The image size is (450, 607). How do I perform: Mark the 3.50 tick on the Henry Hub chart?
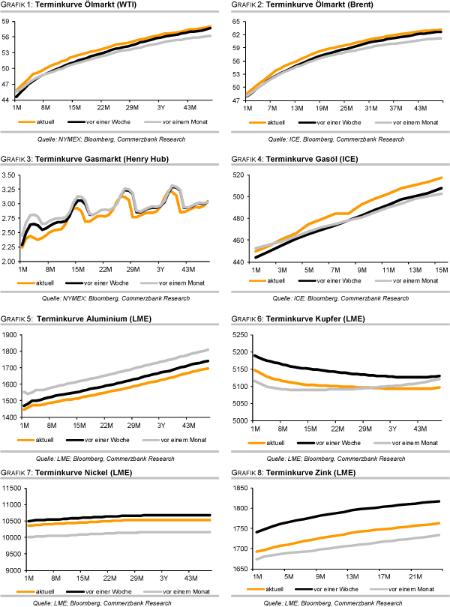[x=10, y=175]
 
